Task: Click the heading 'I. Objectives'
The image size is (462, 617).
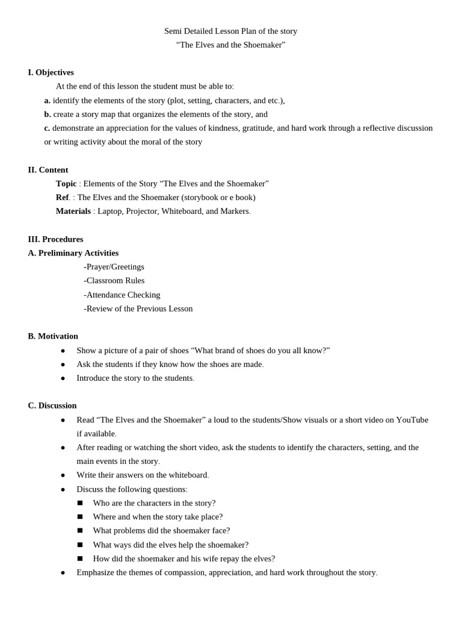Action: point(51,72)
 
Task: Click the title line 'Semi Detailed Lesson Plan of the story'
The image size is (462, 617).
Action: point(230,31)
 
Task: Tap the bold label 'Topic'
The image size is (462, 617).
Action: point(66,183)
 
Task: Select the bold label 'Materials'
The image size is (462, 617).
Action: point(73,211)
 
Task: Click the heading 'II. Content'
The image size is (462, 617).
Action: point(48,170)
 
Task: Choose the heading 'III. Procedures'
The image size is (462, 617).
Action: point(55,239)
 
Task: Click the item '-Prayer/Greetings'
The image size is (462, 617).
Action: point(114,266)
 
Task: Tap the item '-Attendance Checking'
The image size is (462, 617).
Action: point(122,295)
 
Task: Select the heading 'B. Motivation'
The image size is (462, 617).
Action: point(53,336)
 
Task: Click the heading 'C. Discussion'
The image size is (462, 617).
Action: point(52,406)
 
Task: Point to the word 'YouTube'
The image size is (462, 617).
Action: point(412,419)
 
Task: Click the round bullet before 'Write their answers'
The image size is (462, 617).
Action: point(63,475)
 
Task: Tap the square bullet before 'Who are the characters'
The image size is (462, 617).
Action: point(80,503)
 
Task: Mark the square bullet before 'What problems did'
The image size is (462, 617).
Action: point(80,531)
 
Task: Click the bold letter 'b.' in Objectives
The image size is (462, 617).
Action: point(48,114)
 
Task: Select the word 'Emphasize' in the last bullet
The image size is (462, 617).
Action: point(96,572)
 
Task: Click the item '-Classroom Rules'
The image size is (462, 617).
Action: point(114,280)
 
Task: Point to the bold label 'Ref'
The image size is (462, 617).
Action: point(63,197)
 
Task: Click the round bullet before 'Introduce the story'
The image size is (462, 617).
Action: point(63,378)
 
